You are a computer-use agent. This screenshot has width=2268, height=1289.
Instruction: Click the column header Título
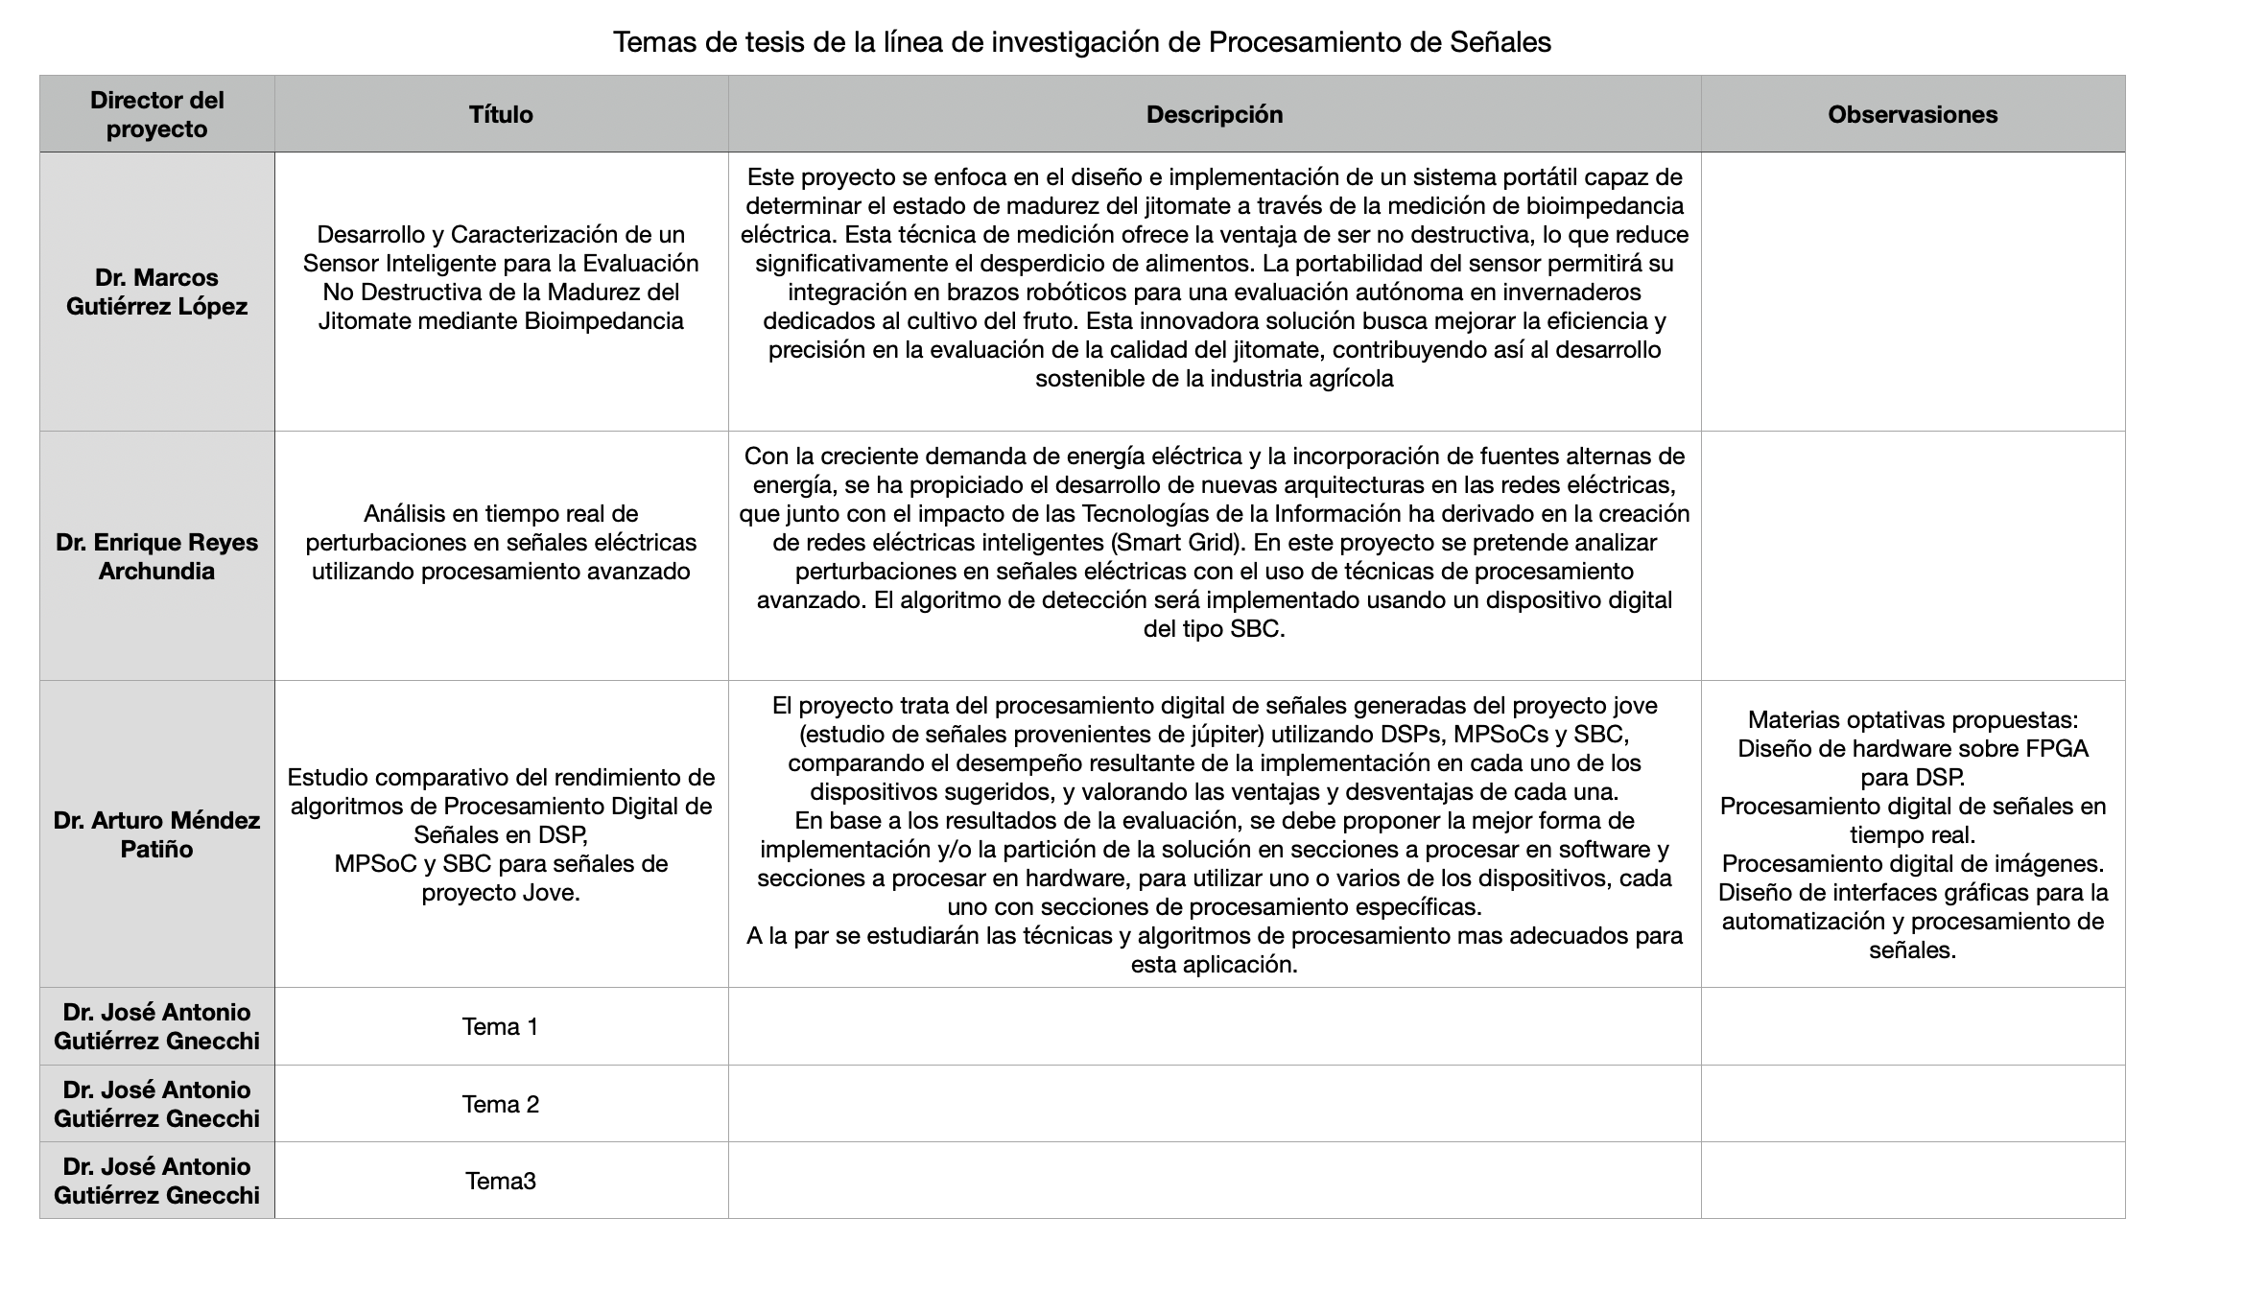pos(501,114)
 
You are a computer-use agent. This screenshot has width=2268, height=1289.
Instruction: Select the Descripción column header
pos(1214,114)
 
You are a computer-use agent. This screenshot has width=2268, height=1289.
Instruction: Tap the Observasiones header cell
pos(1912,114)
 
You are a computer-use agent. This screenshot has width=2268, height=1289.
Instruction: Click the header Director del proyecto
pos(157,114)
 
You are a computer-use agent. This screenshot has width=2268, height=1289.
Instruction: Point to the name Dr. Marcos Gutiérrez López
pos(157,292)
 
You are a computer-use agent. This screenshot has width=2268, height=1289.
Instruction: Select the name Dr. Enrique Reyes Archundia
pos(157,556)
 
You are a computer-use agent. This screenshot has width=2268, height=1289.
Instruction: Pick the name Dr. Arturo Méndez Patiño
pos(157,834)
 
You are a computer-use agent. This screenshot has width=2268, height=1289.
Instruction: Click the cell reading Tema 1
pos(501,1026)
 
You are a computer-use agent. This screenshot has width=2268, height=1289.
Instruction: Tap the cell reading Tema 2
pos(501,1104)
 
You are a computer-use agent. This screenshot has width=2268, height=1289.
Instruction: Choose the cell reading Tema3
pos(501,1181)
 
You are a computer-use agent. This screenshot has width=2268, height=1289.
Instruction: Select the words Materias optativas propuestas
pos(1912,719)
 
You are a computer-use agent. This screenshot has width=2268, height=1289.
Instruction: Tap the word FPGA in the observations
pos(2057,748)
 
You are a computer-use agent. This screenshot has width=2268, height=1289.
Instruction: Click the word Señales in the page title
pos(1502,42)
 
